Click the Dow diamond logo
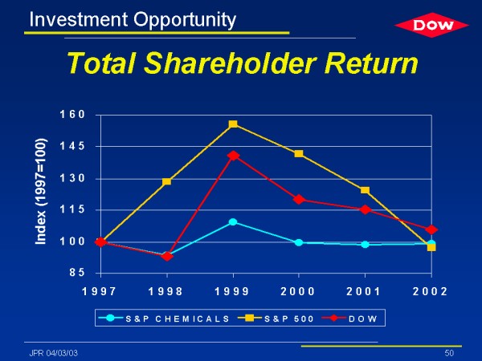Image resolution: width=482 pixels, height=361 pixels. click(431, 26)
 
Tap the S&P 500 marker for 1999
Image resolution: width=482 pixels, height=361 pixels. click(233, 124)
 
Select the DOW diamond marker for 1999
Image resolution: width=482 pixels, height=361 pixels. click(233, 156)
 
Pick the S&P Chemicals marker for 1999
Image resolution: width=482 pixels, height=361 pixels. click(233, 221)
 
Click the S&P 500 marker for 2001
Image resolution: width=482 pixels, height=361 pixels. click(366, 190)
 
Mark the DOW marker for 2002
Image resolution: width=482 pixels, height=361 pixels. click(431, 230)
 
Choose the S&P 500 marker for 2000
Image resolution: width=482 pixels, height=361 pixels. click(299, 153)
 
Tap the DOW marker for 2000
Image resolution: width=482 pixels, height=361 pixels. click(299, 200)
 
